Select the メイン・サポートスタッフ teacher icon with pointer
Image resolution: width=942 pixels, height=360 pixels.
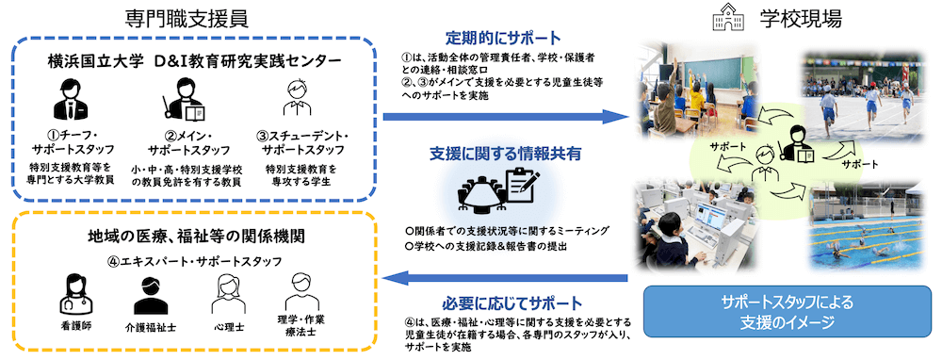(x=183, y=99)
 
